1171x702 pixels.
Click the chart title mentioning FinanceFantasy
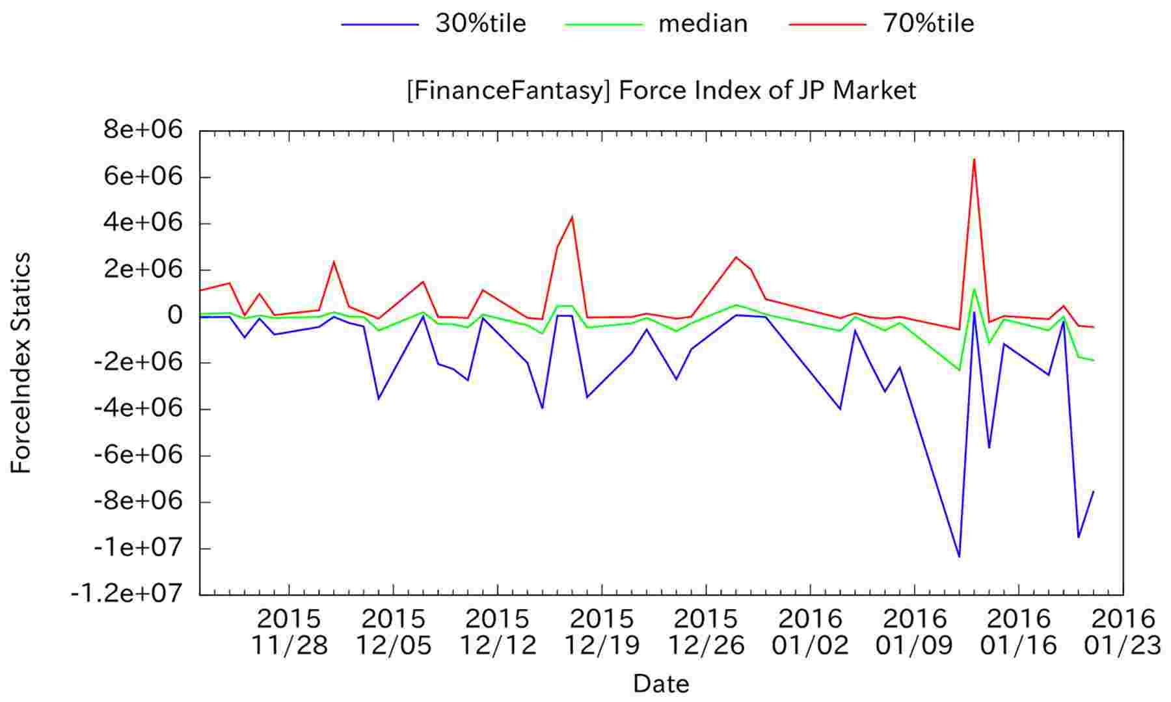pyautogui.click(x=661, y=90)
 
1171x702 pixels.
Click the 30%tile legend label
pyautogui.click(x=480, y=24)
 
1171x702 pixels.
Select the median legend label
pyautogui.click(x=703, y=24)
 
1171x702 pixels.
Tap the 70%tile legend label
pyautogui.click(x=928, y=24)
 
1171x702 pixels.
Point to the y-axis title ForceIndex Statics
pyautogui.click(x=21, y=363)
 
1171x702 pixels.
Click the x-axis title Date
pyautogui.click(x=661, y=684)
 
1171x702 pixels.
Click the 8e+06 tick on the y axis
pyautogui.click(x=143, y=131)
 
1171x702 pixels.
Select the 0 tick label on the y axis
pyautogui.click(x=174, y=317)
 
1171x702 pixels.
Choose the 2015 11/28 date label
pyautogui.click(x=289, y=630)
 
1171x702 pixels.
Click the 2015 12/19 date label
pyautogui.click(x=602, y=630)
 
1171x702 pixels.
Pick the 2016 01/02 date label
pyautogui.click(x=811, y=630)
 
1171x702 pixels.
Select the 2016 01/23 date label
pyautogui.click(x=1122, y=630)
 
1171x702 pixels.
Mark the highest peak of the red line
pyautogui.click(x=974, y=159)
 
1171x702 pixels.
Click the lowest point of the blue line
pyautogui.click(x=959, y=557)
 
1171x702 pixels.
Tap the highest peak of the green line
pyautogui.click(x=974, y=289)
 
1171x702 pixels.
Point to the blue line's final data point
pyautogui.click(x=1094, y=491)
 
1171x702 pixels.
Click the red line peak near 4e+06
pyautogui.click(x=572, y=216)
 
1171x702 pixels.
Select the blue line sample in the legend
pyautogui.click(x=380, y=25)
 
